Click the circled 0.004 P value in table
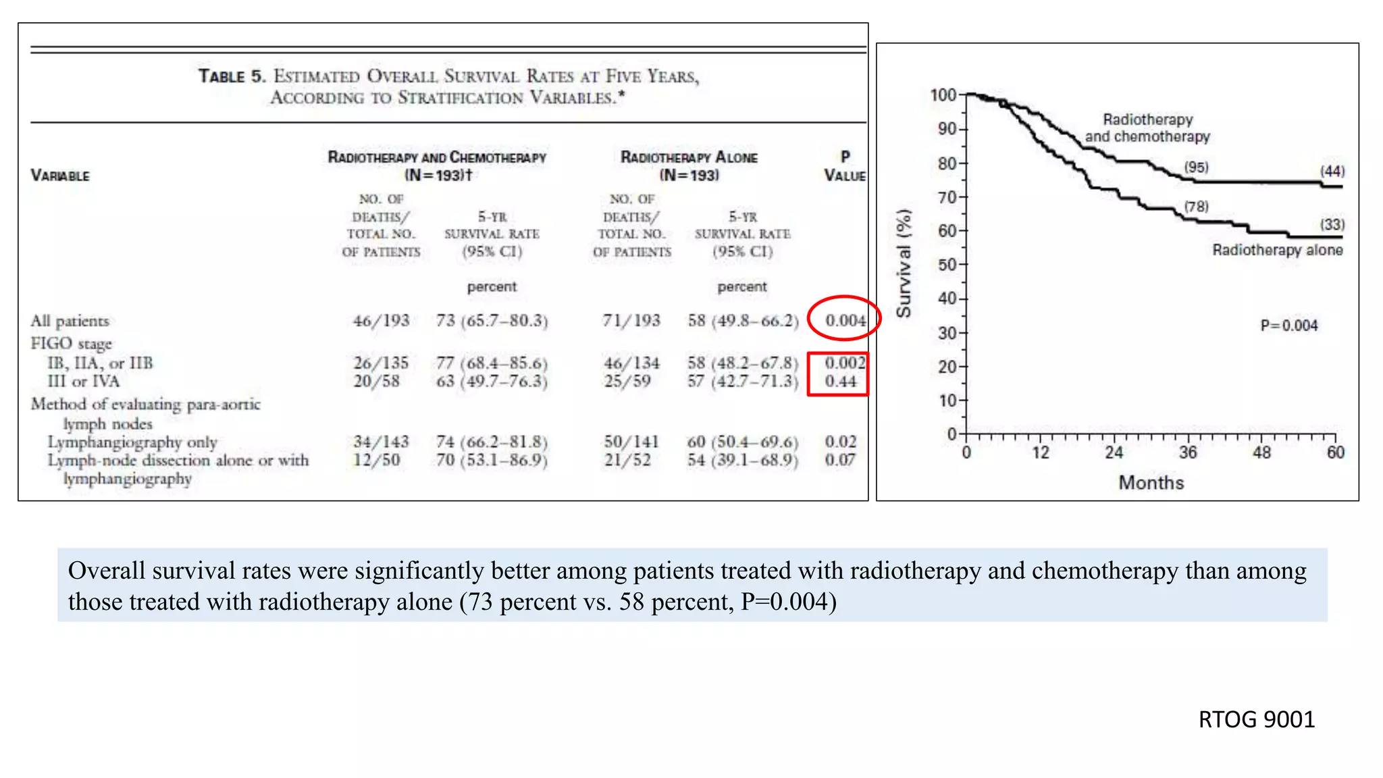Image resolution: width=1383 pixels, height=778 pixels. (845, 320)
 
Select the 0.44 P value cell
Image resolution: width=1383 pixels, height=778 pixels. (840, 382)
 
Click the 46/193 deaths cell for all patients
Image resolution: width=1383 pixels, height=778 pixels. (381, 320)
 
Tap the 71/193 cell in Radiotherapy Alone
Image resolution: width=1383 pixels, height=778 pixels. (631, 320)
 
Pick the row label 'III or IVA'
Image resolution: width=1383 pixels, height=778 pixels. (84, 382)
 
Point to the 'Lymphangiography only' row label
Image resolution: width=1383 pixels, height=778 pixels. (132, 442)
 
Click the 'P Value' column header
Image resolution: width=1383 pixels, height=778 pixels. (845, 166)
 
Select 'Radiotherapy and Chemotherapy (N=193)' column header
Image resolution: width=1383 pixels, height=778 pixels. (437, 166)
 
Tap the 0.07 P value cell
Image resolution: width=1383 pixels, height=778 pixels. (840, 460)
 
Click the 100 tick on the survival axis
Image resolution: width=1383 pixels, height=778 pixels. (943, 95)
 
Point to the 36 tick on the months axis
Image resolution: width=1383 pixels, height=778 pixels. (1188, 452)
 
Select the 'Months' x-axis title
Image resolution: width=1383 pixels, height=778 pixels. (1151, 483)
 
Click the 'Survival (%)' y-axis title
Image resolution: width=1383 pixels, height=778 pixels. (904, 263)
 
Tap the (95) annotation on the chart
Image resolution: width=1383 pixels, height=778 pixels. (1196, 167)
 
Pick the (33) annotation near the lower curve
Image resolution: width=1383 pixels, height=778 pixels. (1332, 224)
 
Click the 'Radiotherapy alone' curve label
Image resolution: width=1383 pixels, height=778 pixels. (1277, 250)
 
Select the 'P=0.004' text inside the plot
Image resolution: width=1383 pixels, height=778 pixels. (1289, 326)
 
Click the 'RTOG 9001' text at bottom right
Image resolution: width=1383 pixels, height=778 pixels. (1256, 720)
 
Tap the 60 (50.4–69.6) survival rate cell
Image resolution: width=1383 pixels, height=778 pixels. (742, 442)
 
